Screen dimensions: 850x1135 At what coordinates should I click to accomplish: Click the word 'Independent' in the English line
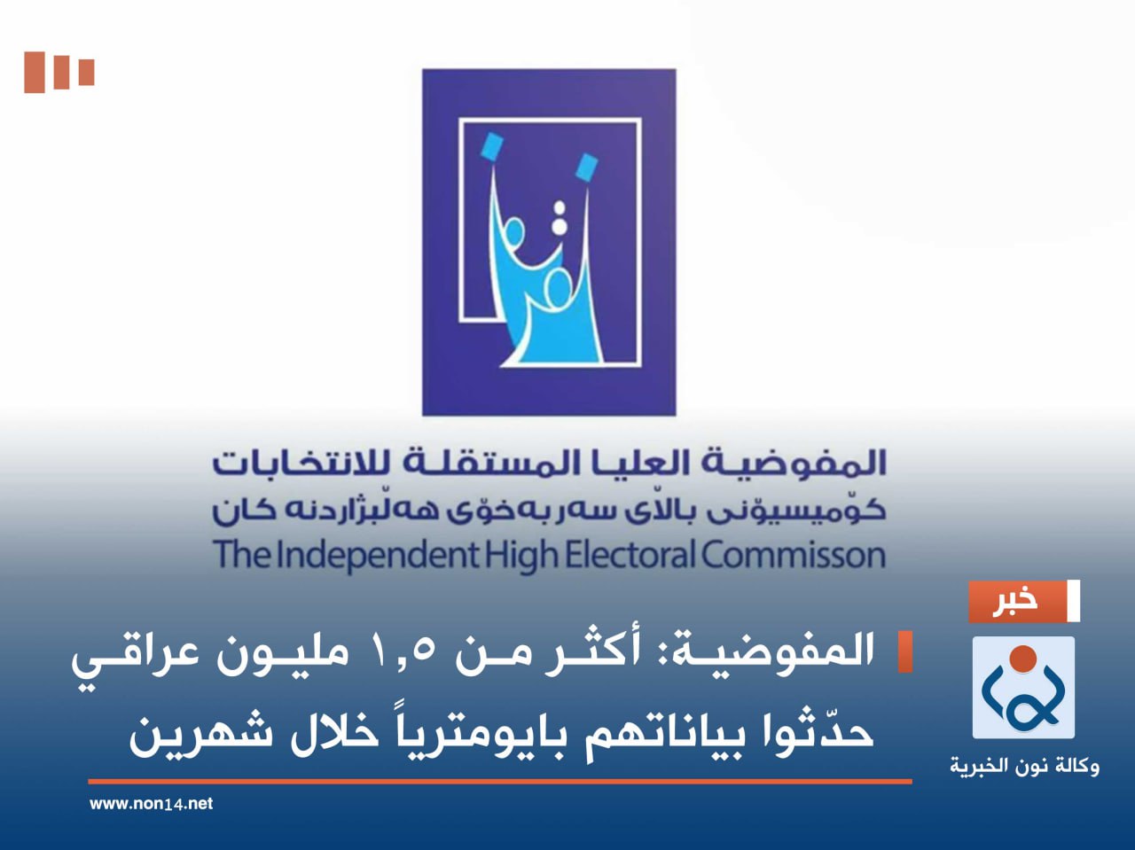tap(377, 556)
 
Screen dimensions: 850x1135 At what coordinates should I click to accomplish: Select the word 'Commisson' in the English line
tap(794, 556)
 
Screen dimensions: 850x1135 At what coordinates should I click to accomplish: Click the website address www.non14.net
tap(152, 804)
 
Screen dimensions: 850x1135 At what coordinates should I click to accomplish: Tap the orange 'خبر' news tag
tap(1016, 602)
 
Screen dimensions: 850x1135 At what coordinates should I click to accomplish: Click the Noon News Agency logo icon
tap(1023, 689)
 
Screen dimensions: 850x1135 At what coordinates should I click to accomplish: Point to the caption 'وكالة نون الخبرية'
tap(1024, 765)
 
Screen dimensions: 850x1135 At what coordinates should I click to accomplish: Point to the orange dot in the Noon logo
tap(1023, 659)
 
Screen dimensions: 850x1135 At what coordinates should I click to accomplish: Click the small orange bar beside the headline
tap(904, 652)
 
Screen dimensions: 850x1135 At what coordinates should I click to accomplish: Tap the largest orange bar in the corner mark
tap(34, 73)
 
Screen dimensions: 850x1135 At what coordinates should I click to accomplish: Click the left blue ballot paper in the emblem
tap(491, 146)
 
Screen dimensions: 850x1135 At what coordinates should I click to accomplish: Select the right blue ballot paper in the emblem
tap(586, 166)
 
